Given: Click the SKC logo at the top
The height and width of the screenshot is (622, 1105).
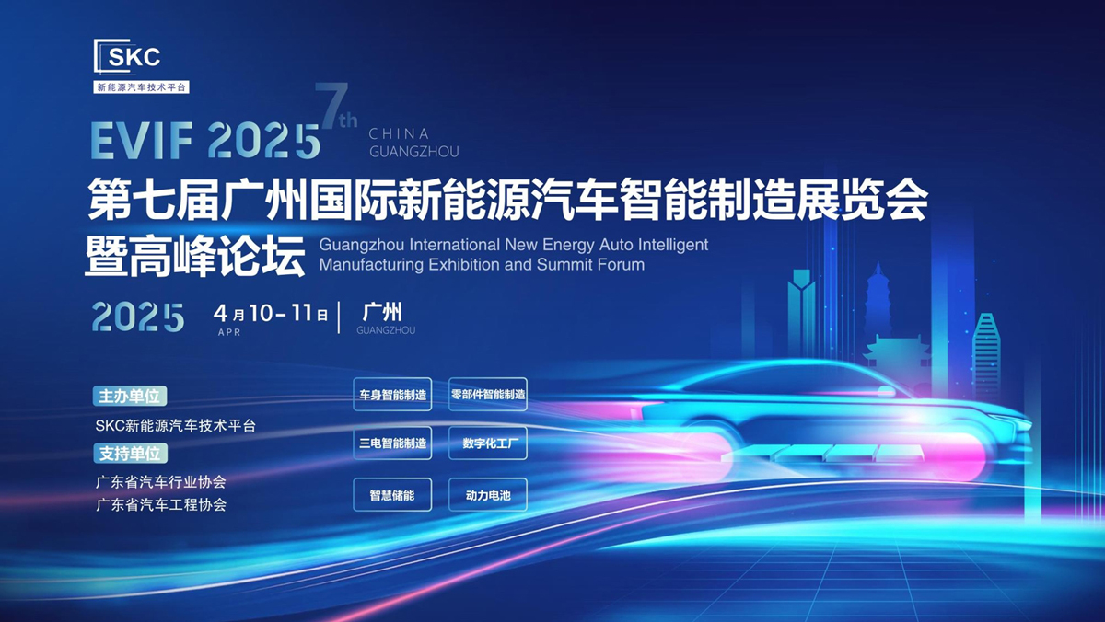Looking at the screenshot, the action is point(141,66).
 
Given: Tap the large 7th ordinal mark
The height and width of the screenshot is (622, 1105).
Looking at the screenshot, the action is point(336,105).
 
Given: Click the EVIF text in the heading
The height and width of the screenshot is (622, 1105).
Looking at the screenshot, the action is point(142,141).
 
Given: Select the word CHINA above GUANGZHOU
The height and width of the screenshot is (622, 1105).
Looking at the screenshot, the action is point(399,133).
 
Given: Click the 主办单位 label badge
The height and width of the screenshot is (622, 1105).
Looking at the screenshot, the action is point(130,397).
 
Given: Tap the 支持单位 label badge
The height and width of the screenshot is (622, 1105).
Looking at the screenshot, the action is point(130,454).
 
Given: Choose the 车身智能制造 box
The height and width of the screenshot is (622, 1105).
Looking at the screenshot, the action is point(392,395).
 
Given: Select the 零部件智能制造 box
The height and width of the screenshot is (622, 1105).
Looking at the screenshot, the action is point(488,395).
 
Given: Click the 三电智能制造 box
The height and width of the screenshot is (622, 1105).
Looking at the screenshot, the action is point(392,443).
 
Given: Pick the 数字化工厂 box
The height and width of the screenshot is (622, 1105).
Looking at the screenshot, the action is point(488,443).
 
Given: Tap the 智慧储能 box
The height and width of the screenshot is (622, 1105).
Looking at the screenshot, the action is point(392,494).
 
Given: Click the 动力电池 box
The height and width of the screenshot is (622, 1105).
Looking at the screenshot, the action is point(488,494).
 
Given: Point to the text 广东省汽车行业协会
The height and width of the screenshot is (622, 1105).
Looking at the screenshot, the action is point(161,481).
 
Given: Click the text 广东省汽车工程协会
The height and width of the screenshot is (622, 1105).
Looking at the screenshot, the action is point(161,505).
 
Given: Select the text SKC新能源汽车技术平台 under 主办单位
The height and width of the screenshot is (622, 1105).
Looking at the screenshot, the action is point(176,425).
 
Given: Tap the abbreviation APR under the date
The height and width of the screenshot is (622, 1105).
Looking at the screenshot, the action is point(229,332).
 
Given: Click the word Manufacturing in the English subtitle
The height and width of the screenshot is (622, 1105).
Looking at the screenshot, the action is point(371,265).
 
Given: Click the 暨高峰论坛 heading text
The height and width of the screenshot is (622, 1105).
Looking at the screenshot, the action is point(195,256).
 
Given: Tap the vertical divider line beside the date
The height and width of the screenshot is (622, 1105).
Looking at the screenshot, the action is point(340,317).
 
